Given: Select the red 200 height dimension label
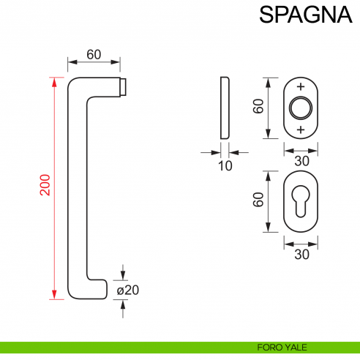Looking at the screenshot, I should click(44, 186).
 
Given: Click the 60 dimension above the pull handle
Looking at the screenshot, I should click(94, 54).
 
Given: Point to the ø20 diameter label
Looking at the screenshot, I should click(128, 290).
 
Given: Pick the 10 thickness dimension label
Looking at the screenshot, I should click(225, 166).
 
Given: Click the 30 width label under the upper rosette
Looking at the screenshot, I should click(301, 159).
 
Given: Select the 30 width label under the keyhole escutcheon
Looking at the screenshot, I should click(301, 254).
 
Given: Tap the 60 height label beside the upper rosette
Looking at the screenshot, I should click(258, 107).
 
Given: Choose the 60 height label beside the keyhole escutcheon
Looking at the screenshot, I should click(258, 200).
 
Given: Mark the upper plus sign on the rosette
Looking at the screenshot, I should click(301, 86).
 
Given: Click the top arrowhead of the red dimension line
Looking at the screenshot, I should click(53, 79).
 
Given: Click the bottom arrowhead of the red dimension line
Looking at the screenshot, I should click(53, 295).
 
